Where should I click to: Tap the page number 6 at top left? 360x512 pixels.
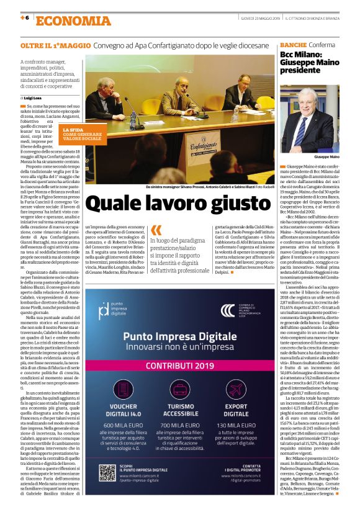[x=26, y=18]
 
